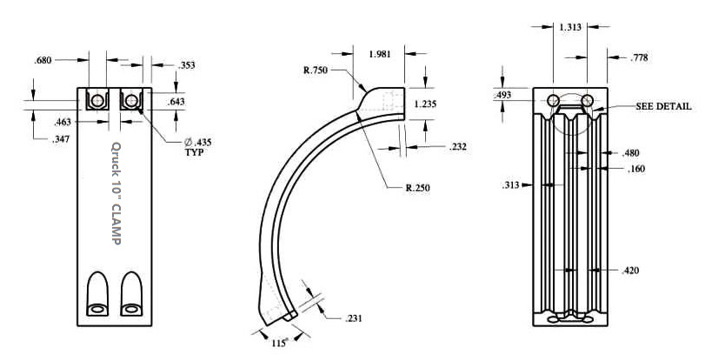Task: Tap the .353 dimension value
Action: (x=186, y=64)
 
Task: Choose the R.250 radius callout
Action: (x=418, y=187)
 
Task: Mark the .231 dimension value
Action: (x=356, y=319)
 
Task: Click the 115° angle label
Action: (x=279, y=343)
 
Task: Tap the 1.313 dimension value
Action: (x=570, y=28)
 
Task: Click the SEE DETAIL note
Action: (x=663, y=106)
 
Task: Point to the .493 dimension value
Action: (x=502, y=94)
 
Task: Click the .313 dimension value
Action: (x=512, y=184)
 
